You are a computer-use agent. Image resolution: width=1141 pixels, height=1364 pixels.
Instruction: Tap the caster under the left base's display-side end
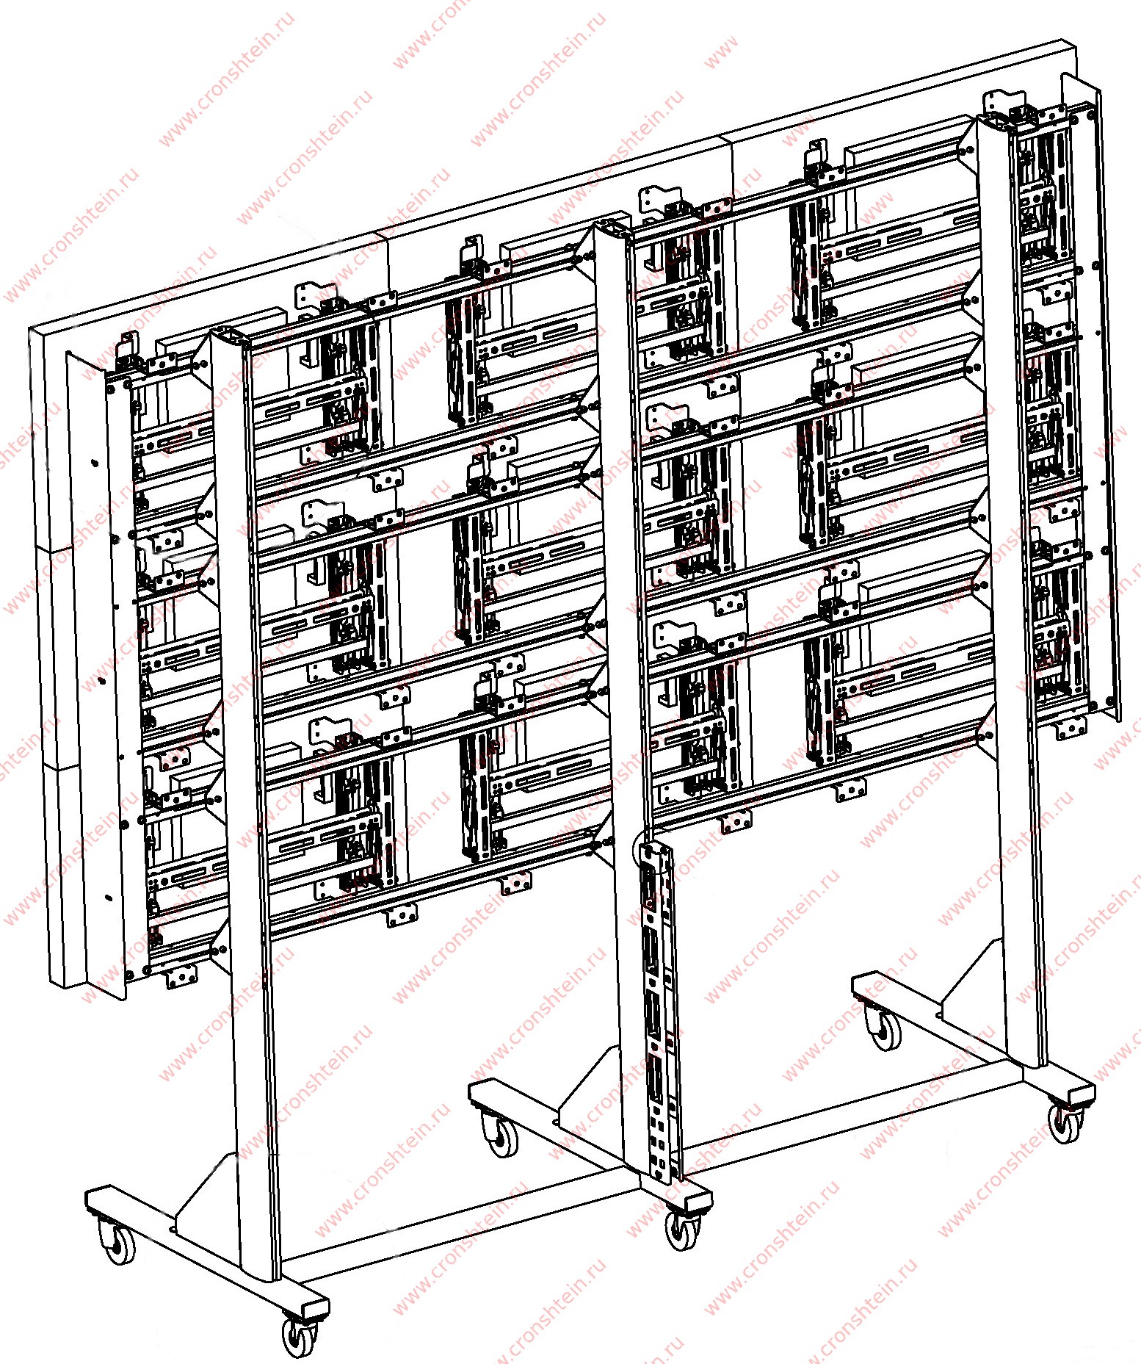pos(117,1239)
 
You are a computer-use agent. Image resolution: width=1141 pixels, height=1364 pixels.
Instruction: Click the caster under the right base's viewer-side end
pos(1065,1122)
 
